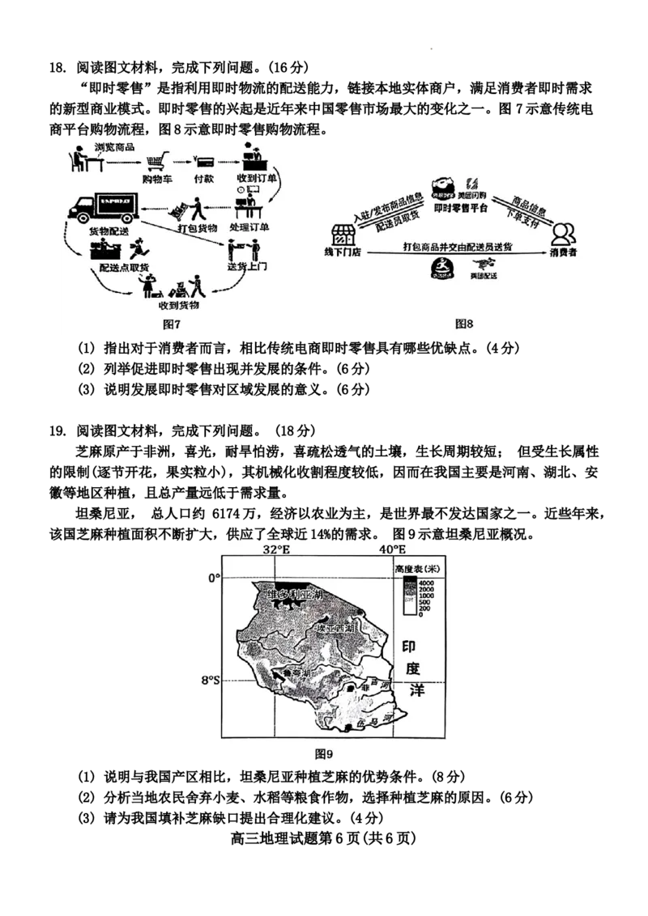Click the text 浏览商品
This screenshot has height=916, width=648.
click(114, 146)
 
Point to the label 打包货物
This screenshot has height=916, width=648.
click(198, 227)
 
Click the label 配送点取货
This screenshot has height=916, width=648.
click(119, 265)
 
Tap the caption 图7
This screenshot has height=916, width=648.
click(171, 324)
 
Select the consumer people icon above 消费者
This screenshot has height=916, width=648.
click(564, 234)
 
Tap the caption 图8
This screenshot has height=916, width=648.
click(463, 324)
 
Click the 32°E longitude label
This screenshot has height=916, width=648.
click(276, 550)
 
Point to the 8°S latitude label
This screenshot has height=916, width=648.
click(210, 681)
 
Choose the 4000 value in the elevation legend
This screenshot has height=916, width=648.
click(427, 582)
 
